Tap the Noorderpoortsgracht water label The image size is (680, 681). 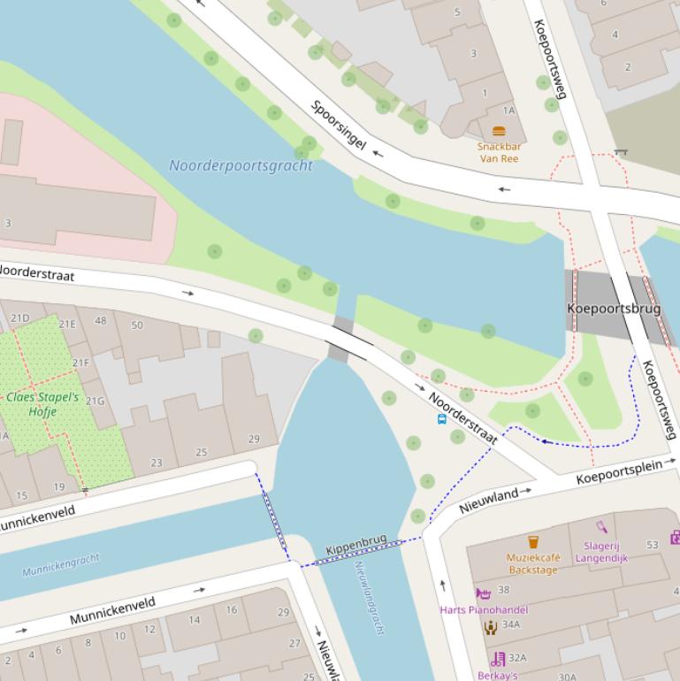(x=241, y=165)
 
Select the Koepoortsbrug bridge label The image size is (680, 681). (x=613, y=309)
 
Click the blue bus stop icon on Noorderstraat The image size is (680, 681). (x=441, y=418)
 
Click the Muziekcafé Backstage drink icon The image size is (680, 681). (x=533, y=541)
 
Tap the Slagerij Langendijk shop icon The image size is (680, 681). (x=602, y=528)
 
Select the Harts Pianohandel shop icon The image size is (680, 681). (x=483, y=593)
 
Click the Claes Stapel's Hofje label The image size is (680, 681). (x=42, y=404)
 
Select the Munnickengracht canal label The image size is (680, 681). (x=61, y=563)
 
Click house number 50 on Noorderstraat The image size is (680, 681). (x=137, y=325)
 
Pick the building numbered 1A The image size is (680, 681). (x=508, y=111)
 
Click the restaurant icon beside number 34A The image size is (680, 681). (x=491, y=627)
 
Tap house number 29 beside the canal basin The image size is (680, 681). (x=254, y=439)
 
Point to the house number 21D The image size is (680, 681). (x=19, y=318)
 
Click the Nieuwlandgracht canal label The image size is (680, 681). (x=369, y=597)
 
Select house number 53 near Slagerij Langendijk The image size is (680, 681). (x=653, y=545)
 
